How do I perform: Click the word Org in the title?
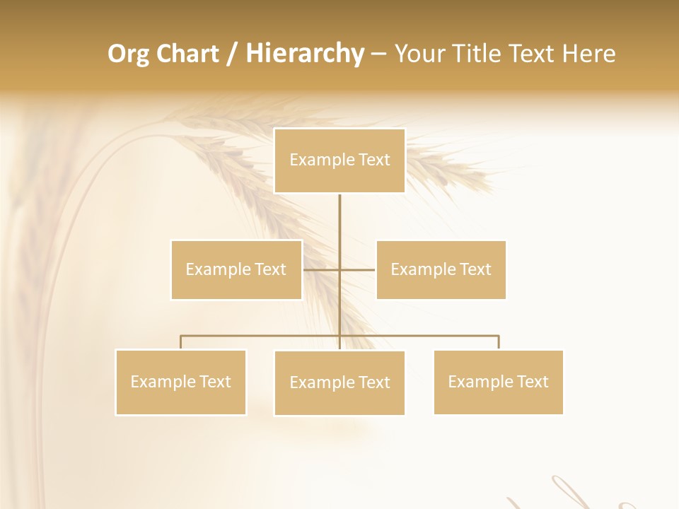point(128,54)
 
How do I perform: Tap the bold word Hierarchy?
point(304,54)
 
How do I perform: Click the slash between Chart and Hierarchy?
point(232,54)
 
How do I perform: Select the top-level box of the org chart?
point(339,160)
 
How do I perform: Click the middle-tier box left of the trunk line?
point(236,269)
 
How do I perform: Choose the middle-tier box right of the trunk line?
point(441,269)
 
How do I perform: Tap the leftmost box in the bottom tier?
point(181,382)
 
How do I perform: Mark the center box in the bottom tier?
point(339,382)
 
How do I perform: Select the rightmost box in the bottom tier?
point(498,382)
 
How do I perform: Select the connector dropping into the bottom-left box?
point(181,342)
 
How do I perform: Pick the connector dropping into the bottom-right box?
point(499,342)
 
